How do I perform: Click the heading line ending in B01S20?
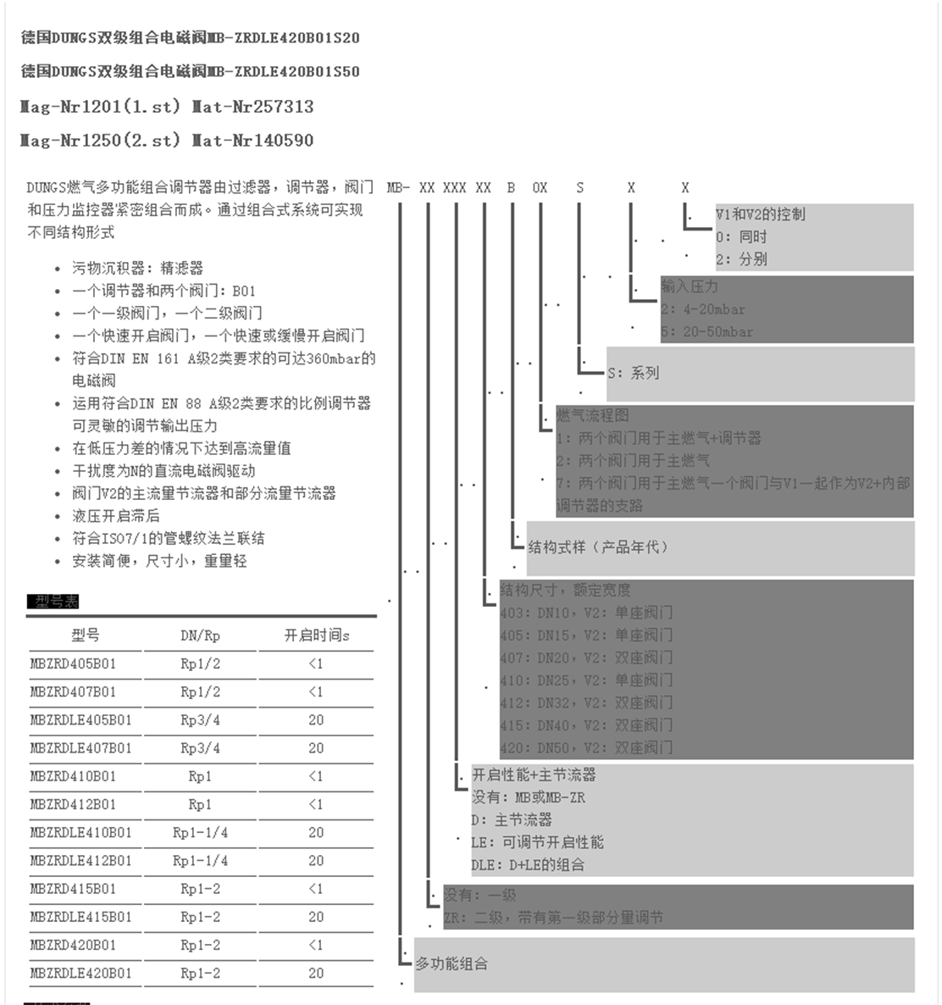190,38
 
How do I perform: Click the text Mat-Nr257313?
252,107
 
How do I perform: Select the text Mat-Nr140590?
252,141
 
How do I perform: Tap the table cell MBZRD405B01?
73,664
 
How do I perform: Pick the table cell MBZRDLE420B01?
80,973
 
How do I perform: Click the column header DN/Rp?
200,636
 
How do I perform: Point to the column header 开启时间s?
316,636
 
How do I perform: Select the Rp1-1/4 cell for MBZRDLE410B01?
200,832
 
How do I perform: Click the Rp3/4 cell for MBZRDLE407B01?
200,748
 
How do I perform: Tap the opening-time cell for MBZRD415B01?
316,889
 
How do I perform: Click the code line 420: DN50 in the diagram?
586,747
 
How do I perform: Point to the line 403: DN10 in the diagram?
586,612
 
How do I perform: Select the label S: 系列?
633,373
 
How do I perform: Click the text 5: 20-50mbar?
707,332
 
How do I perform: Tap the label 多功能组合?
451,963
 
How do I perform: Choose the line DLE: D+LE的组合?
528,865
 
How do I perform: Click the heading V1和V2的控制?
760,214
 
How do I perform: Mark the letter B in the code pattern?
511,188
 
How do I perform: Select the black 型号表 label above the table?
53,602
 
